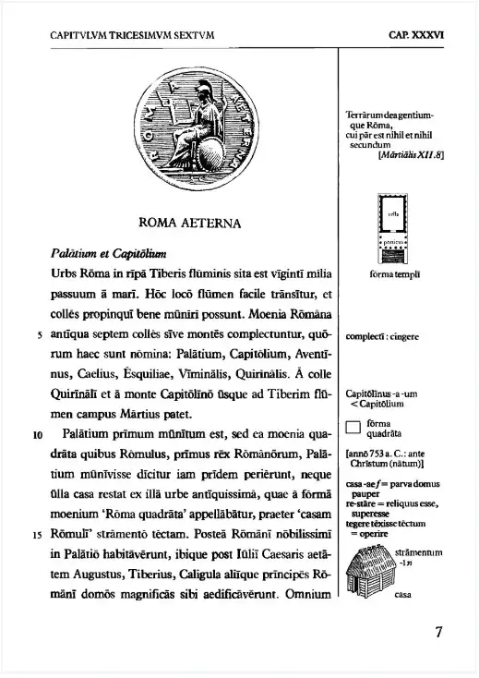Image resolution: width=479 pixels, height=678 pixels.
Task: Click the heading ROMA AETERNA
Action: click(x=189, y=223)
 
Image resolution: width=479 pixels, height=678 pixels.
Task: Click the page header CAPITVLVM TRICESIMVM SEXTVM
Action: click(x=132, y=38)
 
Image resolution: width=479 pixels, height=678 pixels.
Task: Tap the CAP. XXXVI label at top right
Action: click(x=416, y=38)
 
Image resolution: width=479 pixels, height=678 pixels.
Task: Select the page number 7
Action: click(x=438, y=633)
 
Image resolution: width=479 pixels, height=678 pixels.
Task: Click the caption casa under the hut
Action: click(x=402, y=595)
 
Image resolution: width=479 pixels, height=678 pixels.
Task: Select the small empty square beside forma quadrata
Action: click(x=352, y=427)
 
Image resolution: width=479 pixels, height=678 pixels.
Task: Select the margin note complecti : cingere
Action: click(x=383, y=337)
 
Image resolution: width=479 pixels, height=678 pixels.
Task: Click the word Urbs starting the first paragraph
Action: click(x=65, y=273)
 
